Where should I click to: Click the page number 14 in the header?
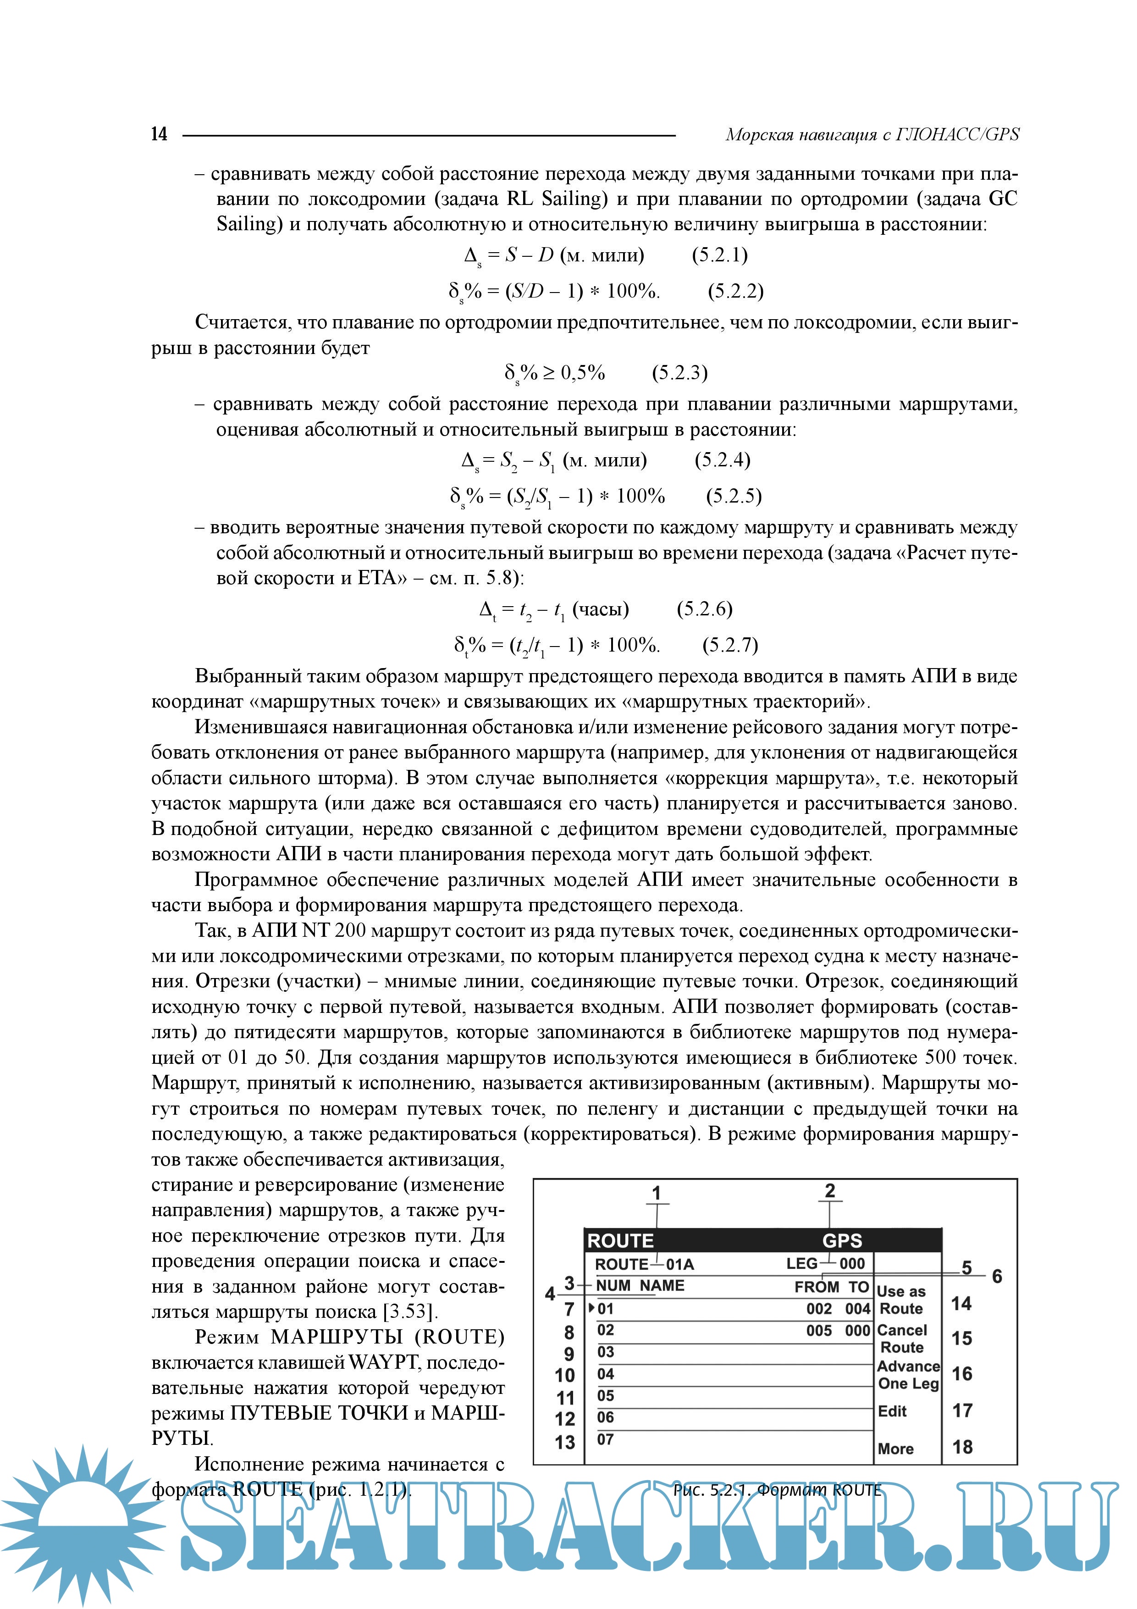click(x=159, y=134)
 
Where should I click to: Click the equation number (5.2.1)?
click(x=719, y=255)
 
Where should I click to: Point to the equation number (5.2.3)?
click(x=679, y=373)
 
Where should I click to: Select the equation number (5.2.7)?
click(x=730, y=645)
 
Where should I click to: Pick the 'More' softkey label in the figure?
click(x=895, y=1449)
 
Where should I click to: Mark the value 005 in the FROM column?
click(x=818, y=1331)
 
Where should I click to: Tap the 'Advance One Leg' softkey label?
click(x=908, y=1375)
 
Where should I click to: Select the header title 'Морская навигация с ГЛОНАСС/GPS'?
click(x=872, y=134)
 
